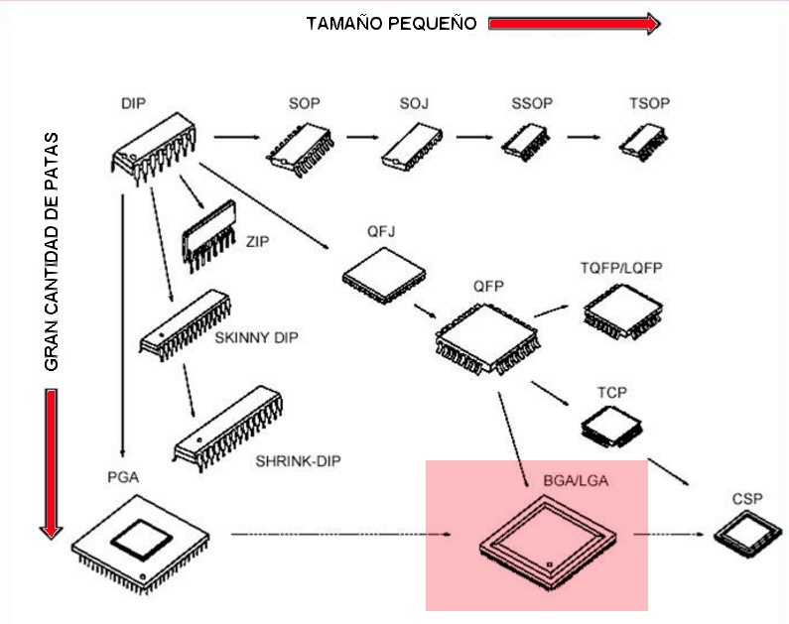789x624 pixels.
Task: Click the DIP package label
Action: [x=135, y=104]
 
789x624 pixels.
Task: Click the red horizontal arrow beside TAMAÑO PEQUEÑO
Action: [x=574, y=24]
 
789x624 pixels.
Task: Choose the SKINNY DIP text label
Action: [x=256, y=337]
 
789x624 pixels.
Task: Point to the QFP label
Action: [x=489, y=287]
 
